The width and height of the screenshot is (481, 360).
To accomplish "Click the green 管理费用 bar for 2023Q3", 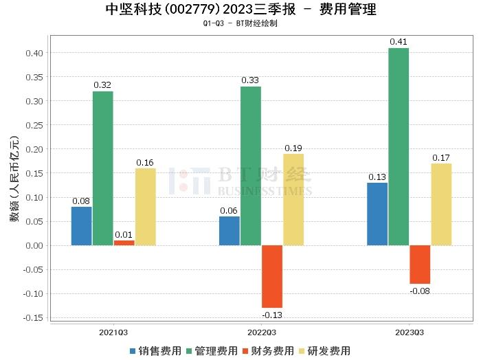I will tap(399, 146).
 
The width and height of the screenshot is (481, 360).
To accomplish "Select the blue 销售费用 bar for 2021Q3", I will tap(81, 226).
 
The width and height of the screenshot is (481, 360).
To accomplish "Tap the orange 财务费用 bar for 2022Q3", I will tap(272, 276).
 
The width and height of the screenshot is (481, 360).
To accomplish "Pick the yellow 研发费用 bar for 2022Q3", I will tap(293, 199).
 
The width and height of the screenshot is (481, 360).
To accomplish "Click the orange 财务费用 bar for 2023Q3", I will tap(420, 265).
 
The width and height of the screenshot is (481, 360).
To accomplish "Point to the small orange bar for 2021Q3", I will tap(124, 243).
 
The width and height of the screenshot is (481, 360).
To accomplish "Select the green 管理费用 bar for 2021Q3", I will tap(103, 168).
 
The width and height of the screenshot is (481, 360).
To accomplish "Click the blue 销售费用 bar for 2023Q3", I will tap(377, 214).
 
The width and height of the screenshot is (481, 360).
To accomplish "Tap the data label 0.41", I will tap(399, 42).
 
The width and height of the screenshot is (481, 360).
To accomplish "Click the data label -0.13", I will tap(272, 315).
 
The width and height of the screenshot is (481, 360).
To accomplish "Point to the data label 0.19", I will tap(293, 148).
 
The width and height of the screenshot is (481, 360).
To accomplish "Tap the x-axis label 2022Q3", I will tap(261, 331).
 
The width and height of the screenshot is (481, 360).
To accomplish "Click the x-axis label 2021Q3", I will tap(113, 331).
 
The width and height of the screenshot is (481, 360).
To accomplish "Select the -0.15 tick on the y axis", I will tap(33, 317).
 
